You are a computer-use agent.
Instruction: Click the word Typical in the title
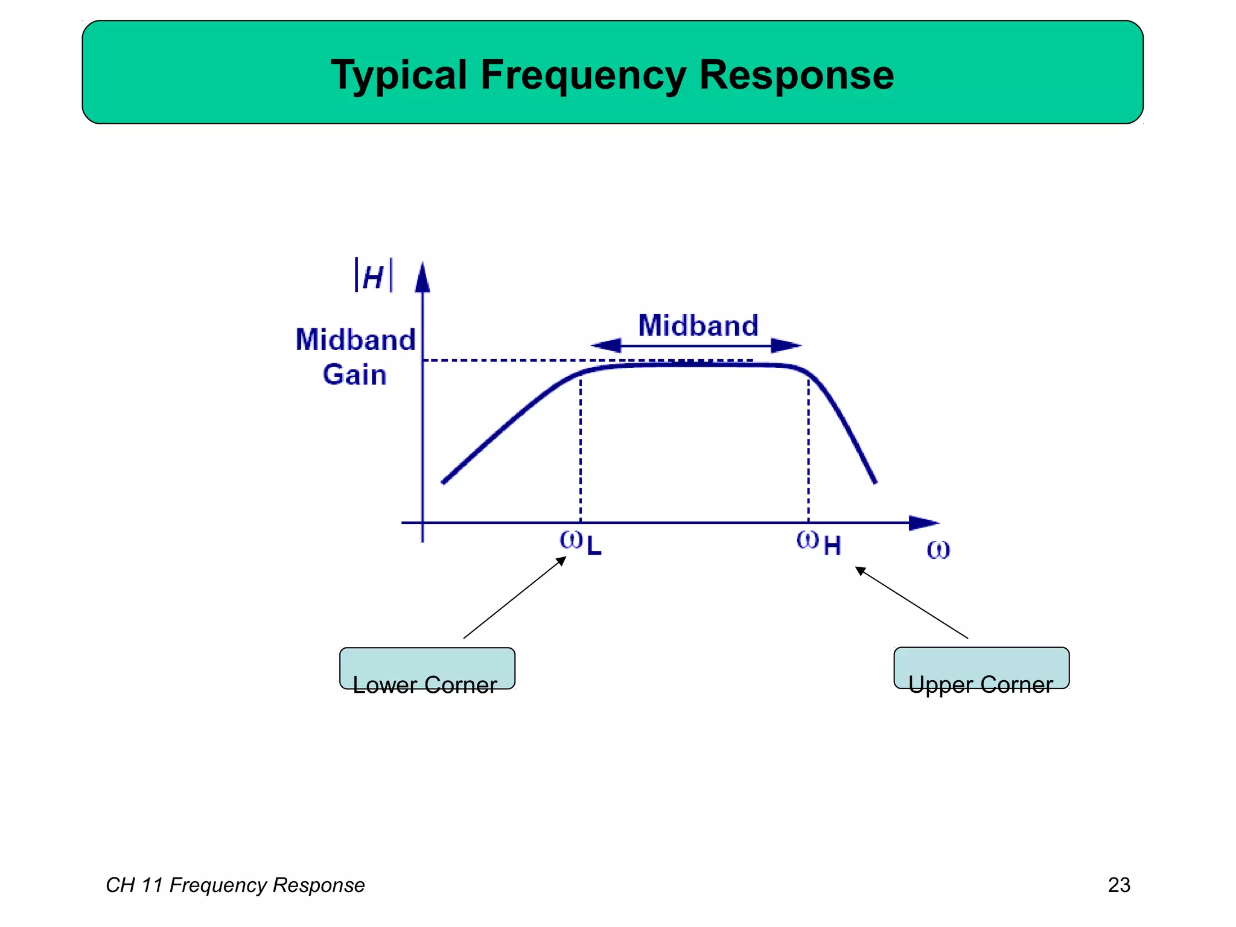coord(399,76)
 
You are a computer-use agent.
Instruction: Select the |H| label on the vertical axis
coord(374,276)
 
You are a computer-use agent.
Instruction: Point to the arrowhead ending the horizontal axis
coord(923,523)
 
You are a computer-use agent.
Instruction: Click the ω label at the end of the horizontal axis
coord(938,549)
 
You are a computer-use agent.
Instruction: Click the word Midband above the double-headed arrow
coord(698,326)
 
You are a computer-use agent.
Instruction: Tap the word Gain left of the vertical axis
coord(355,375)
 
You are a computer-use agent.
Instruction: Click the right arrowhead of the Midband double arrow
coord(786,346)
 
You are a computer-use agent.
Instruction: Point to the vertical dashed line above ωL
coord(581,447)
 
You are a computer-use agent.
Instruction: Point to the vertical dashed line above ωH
coord(809,447)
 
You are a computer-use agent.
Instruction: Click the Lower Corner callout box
coord(427,669)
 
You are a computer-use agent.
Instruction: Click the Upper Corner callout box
coord(981,668)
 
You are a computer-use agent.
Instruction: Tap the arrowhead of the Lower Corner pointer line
coord(561,561)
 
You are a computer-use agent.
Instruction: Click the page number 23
coord(1119,885)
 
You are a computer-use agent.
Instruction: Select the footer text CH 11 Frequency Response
coord(235,885)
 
